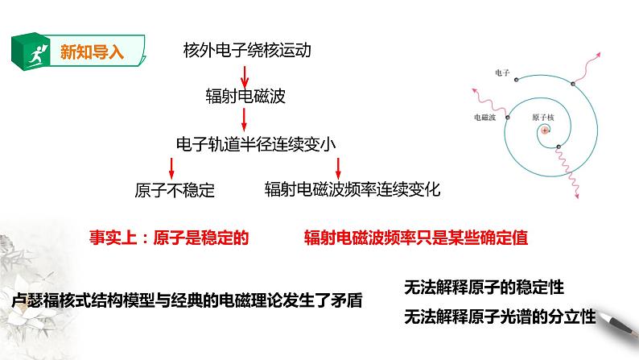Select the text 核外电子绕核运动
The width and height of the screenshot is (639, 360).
[246, 52]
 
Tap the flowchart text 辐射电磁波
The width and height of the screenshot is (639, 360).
[246, 97]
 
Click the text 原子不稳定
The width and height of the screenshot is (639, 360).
[175, 190]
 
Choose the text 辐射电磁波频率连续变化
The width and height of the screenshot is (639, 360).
[353, 190]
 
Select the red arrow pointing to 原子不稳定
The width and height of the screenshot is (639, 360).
[171, 167]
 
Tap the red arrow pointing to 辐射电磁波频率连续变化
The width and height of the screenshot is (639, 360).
[339, 167]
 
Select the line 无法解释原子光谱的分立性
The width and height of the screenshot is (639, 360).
[500, 316]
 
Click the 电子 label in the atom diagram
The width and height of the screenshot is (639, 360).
[504, 72]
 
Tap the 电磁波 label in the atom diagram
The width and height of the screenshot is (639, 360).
[485, 117]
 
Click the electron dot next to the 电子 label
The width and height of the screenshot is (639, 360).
[517, 78]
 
